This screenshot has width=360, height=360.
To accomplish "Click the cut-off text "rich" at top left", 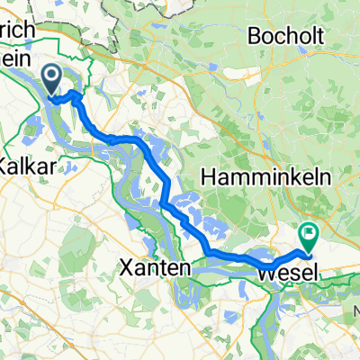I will (18, 30).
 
